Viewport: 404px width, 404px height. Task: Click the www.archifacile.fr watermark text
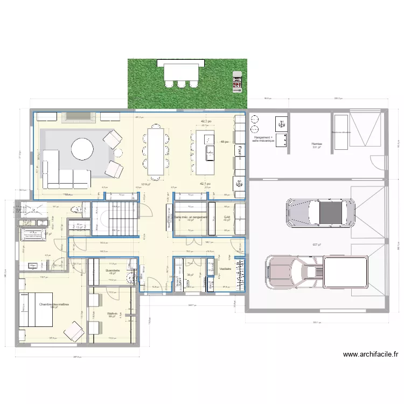tap(370, 354)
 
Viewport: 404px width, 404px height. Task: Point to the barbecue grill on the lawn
tap(236, 82)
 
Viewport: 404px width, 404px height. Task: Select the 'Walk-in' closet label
tap(112, 314)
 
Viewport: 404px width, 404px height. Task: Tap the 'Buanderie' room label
tap(113, 270)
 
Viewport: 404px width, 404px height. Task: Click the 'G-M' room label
tap(227, 217)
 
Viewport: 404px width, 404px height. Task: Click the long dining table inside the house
tap(156, 151)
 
